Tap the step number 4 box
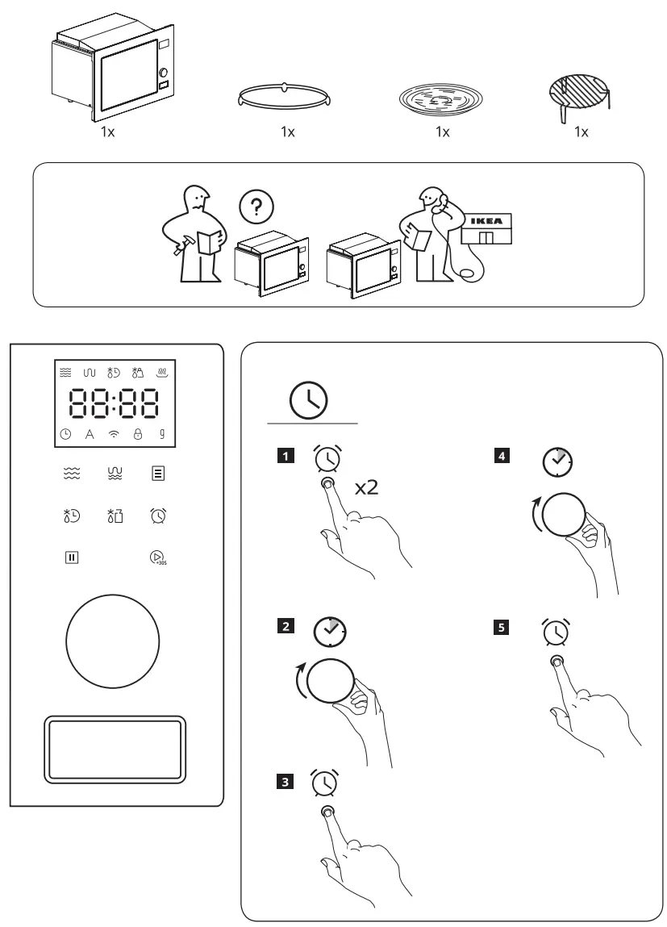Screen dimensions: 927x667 (x=502, y=457)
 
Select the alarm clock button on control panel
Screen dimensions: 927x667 (x=157, y=515)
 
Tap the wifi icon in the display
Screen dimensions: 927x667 (x=114, y=434)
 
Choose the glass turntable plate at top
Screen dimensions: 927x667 (x=441, y=100)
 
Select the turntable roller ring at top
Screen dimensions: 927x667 (x=287, y=96)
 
